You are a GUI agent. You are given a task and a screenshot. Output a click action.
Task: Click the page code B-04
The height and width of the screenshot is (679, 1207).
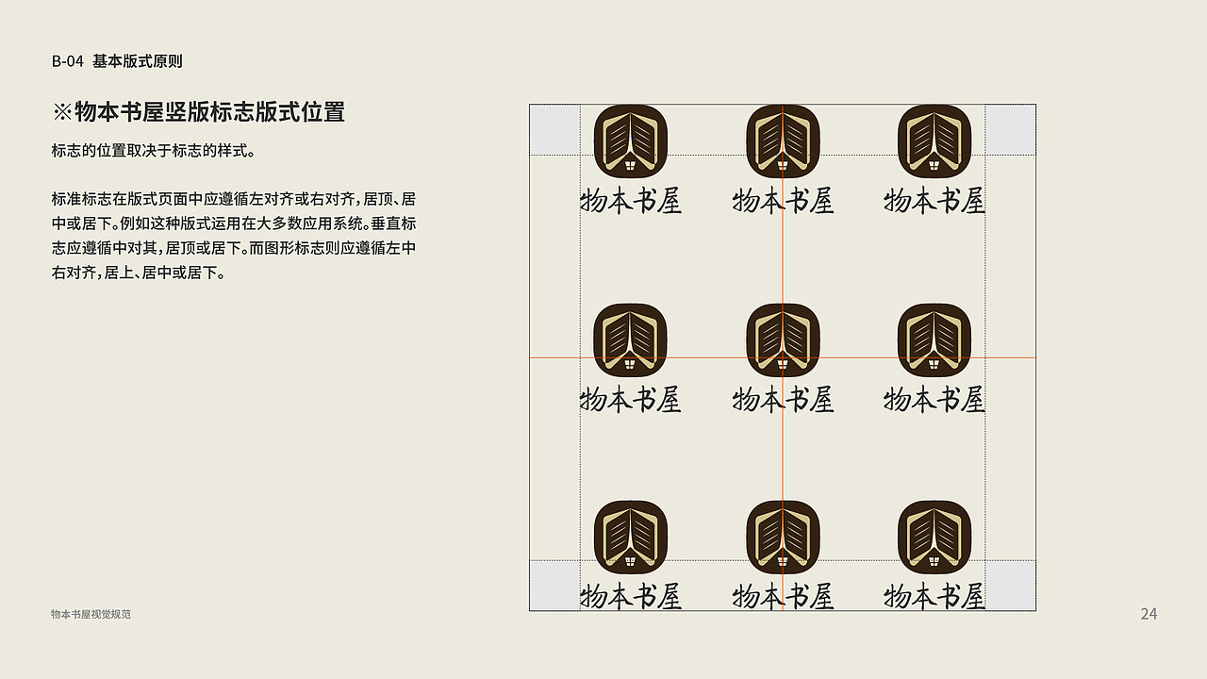click(68, 61)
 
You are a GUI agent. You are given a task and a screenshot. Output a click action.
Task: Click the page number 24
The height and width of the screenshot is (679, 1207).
click(1149, 614)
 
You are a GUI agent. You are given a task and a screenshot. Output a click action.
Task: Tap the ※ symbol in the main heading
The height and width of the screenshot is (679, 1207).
click(62, 112)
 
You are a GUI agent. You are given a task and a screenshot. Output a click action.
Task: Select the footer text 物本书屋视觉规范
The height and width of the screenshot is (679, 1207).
click(91, 614)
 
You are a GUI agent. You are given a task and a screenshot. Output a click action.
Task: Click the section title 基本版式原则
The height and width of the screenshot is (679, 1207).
click(138, 61)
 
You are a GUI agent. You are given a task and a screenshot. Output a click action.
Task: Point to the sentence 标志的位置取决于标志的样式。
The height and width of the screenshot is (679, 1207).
click(154, 151)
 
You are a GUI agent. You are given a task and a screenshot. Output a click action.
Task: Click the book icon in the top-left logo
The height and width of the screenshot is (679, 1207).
click(631, 141)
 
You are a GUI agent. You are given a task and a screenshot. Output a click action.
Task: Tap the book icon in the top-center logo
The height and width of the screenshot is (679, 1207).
click(783, 141)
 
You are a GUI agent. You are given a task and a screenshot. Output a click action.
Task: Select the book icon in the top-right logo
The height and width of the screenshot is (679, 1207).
click(934, 141)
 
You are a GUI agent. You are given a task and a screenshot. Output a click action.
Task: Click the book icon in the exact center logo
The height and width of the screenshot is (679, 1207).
click(783, 339)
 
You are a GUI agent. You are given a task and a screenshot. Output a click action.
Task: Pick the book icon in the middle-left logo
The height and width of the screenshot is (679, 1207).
click(631, 339)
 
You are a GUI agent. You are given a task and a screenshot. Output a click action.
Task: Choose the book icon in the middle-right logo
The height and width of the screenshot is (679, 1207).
click(934, 339)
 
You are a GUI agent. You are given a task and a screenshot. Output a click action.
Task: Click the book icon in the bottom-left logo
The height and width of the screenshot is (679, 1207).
click(631, 537)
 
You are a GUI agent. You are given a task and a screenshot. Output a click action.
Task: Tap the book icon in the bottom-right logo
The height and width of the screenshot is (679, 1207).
click(934, 537)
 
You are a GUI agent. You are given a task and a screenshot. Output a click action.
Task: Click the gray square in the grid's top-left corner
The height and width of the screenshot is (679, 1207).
click(554, 129)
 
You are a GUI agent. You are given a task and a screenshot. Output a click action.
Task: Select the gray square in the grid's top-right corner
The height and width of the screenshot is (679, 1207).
click(1010, 129)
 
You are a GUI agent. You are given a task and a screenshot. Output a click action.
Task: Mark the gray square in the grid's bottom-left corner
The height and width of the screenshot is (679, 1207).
click(554, 586)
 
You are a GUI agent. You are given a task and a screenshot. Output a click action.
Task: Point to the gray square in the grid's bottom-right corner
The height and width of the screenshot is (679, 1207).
click(1010, 586)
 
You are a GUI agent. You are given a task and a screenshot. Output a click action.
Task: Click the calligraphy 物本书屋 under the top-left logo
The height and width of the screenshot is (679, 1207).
click(631, 201)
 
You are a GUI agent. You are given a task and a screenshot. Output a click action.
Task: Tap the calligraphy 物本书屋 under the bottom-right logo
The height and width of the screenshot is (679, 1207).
click(934, 596)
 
